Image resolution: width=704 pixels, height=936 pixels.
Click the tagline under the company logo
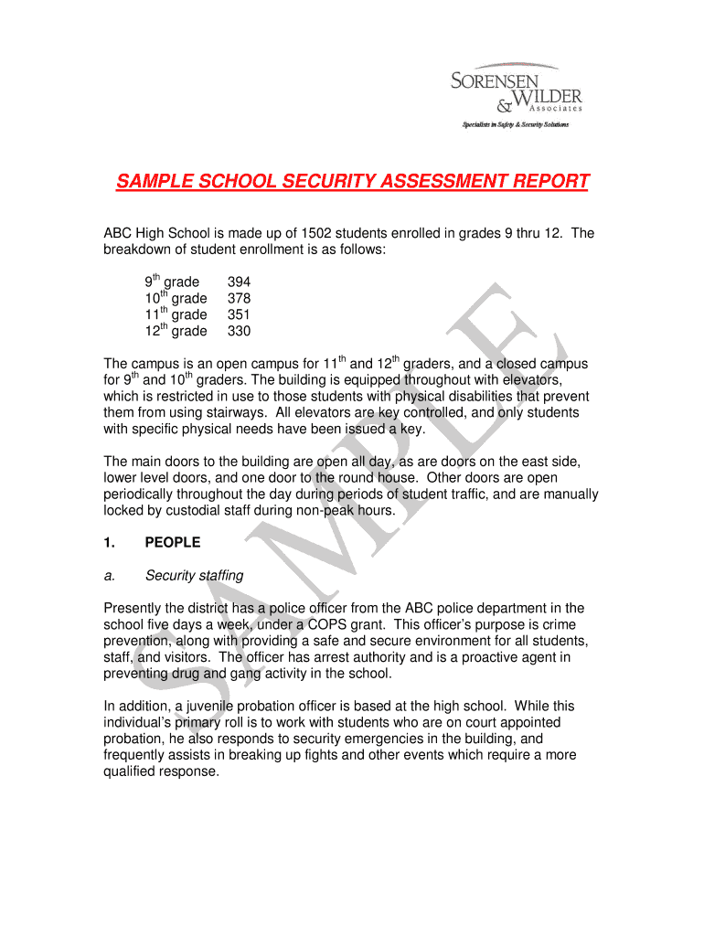coord(514,124)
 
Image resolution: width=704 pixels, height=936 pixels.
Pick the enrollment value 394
coord(239,282)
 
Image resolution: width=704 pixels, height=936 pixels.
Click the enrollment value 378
coord(239,299)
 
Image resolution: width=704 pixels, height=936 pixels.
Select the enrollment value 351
coord(239,315)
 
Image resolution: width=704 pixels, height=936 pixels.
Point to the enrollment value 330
coord(239,332)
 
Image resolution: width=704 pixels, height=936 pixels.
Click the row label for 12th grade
coord(176,331)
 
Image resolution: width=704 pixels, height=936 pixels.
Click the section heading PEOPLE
coord(173,543)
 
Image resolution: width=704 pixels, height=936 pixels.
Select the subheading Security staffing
coord(194,576)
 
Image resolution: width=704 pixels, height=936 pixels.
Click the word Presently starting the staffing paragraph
coord(133,609)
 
